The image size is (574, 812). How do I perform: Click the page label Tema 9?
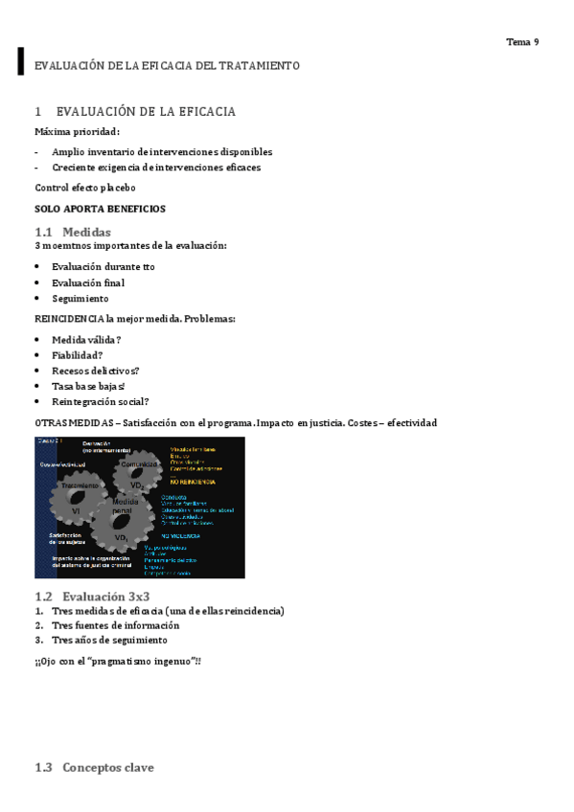click(x=522, y=42)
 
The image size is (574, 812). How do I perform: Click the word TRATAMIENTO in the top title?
click(x=259, y=66)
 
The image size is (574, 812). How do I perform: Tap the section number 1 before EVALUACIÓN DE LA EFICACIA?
click(x=38, y=112)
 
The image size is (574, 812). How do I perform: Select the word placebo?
click(x=116, y=188)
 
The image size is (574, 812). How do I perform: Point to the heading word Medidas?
click(x=86, y=232)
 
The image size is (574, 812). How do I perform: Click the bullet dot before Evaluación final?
click(x=37, y=283)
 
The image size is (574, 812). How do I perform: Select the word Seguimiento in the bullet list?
click(x=80, y=299)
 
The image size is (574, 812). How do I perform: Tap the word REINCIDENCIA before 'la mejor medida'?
click(x=69, y=319)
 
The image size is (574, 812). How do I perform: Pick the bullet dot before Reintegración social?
click(x=37, y=402)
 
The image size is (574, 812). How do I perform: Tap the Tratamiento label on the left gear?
click(x=80, y=486)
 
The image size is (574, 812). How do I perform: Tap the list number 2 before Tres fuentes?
click(x=38, y=625)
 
